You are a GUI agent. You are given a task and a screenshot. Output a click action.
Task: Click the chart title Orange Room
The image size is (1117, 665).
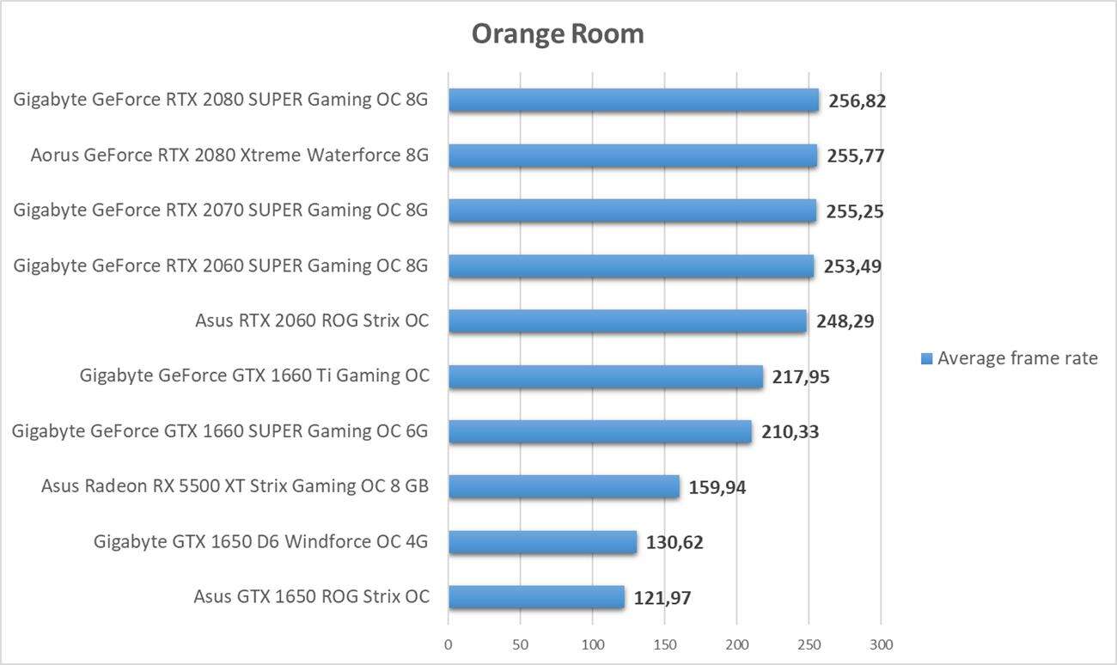tap(557, 34)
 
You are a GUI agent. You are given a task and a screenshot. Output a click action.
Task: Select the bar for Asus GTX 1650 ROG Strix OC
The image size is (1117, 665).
tap(536, 597)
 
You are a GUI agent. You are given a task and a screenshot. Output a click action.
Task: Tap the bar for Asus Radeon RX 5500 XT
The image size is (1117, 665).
tap(564, 487)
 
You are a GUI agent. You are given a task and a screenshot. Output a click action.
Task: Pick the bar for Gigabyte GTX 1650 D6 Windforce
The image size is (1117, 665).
tap(542, 542)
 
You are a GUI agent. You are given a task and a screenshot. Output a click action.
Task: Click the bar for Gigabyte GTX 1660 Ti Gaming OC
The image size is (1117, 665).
tap(605, 376)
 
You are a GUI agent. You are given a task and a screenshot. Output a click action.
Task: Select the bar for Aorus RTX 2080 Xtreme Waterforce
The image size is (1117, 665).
tap(632, 156)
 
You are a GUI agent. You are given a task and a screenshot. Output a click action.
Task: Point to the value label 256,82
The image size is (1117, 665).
tap(857, 101)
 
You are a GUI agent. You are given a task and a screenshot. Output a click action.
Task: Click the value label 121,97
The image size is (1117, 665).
tap(662, 598)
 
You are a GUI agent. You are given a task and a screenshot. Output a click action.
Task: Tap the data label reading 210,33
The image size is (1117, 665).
tap(790, 431)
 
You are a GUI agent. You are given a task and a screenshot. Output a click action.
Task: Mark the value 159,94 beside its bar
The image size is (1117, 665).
tap(717, 488)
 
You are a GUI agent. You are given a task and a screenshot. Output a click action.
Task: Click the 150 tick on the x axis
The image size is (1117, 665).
tap(664, 644)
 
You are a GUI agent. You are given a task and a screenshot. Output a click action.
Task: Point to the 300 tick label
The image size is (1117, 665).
tap(881, 644)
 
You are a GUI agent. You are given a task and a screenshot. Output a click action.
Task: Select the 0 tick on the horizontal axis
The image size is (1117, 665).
tap(448, 644)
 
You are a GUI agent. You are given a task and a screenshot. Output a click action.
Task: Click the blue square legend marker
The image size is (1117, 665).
tap(926, 359)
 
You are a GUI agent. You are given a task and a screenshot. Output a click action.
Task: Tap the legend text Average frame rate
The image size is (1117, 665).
tap(1017, 358)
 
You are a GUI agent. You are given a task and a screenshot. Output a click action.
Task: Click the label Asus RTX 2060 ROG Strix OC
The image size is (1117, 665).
tap(312, 321)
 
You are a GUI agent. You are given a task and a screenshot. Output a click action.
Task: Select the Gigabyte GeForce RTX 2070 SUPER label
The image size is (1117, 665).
tap(221, 210)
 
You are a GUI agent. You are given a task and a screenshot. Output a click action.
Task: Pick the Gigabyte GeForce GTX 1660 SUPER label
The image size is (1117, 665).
tap(220, 431)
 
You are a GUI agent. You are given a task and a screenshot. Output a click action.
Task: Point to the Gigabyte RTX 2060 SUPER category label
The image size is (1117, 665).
tap(221, 266)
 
